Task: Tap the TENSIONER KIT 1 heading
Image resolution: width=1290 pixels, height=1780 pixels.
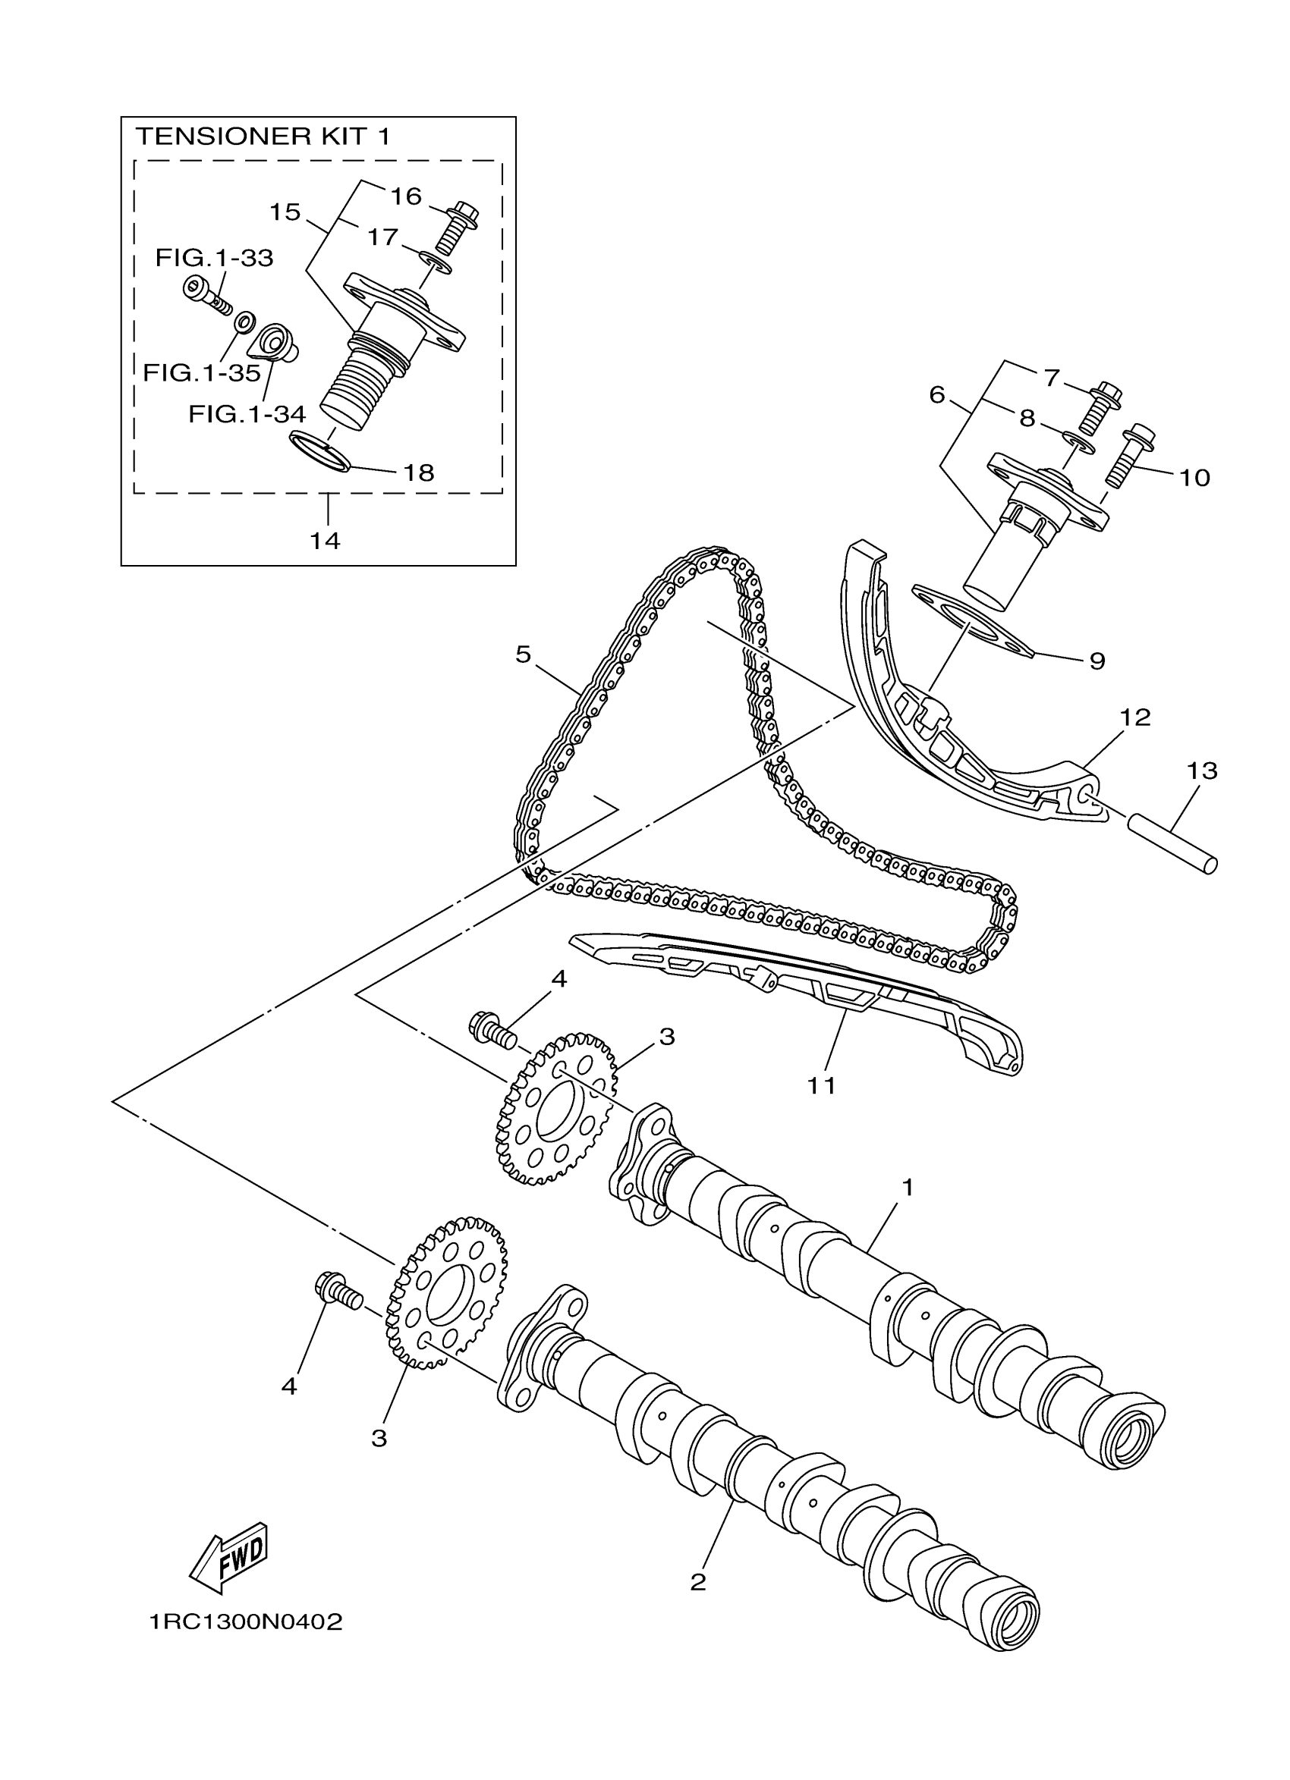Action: (x=263, y=137)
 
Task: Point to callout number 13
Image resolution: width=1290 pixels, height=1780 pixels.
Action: (x=1201, y=771)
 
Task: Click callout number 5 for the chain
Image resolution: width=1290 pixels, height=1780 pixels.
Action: (x=524, y=654)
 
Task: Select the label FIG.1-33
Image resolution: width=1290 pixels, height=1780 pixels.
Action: (x=214, y=257)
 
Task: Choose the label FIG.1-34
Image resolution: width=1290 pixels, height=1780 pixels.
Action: (x=247, y=414)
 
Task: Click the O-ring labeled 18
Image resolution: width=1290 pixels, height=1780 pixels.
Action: (x=319, y=451)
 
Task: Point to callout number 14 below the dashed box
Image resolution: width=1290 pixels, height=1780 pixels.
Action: (x=325, y=540)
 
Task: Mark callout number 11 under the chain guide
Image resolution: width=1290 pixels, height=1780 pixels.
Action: (x=822, y=1085)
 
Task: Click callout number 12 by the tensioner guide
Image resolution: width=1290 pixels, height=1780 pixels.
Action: (x=1135, y=717)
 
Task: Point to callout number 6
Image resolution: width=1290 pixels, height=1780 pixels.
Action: (x=936, y=395)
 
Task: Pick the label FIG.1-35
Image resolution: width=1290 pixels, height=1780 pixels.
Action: (x=202, y=373)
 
